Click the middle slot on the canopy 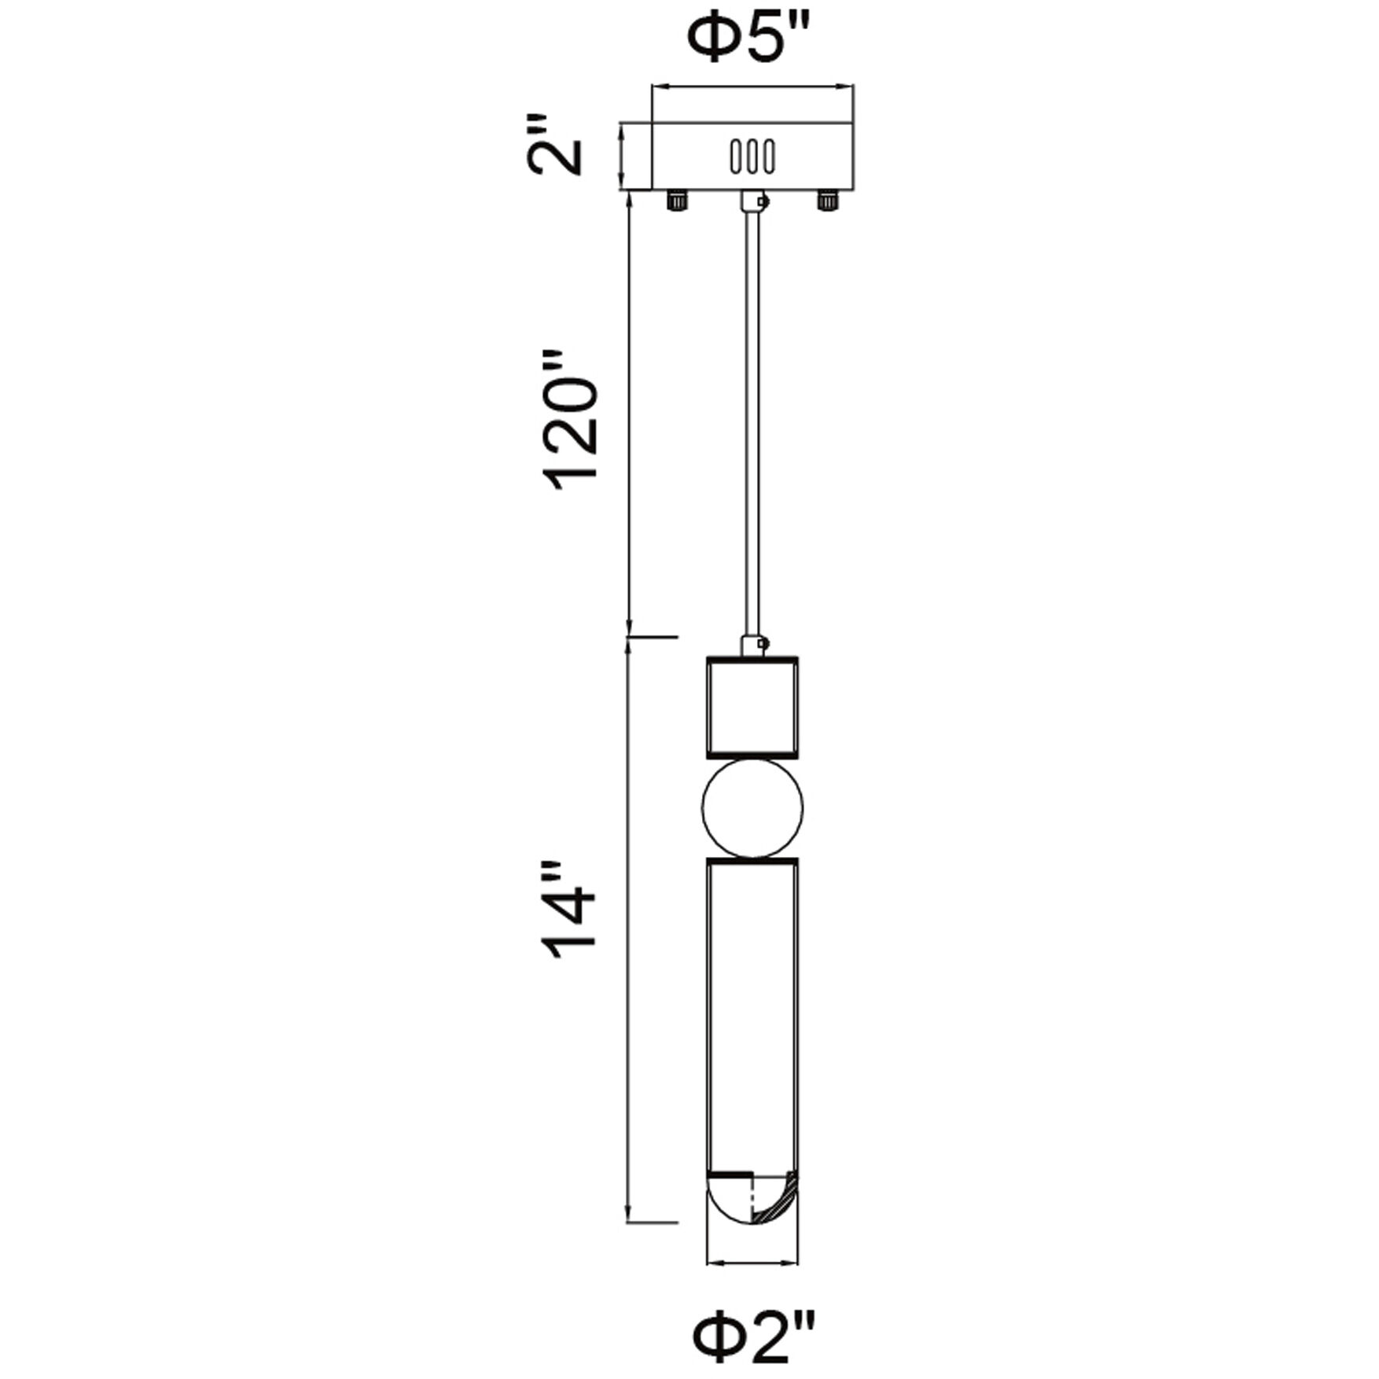click(752, 156)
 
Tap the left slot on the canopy click(736, 156)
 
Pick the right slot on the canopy click(769, 156)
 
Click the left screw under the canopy click(676, 200)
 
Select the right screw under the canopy click(826, 200)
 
